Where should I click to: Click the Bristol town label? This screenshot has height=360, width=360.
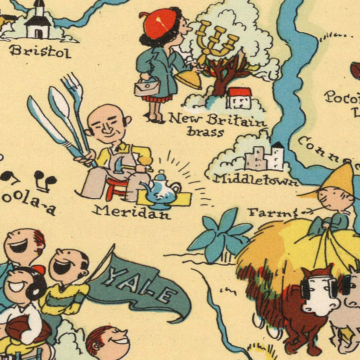(x=40, y=51)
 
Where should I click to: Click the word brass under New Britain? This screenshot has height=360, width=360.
(x=205, y=132)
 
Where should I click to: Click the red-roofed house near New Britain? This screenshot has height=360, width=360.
(x=239, y=98)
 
